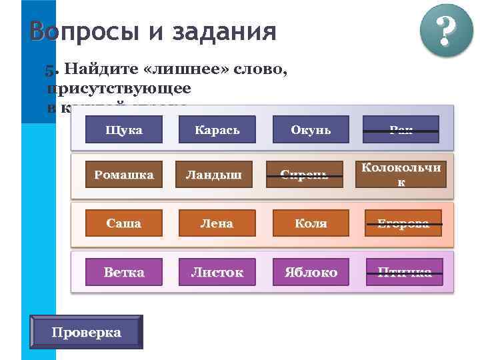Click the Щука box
[124, 129]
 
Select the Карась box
[217, 129]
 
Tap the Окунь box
[311, 129]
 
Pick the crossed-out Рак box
[401, 129]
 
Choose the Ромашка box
[124, 175]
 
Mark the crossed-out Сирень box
[304, 175]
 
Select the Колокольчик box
[401, 174]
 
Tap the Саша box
[124, 223]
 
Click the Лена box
[217, 223]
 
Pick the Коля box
[311, 223]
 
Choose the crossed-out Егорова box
[403, 223]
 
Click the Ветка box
[124, 272]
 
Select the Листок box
[217, 272]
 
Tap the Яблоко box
[311, 272]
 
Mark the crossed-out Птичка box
[404, 272]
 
